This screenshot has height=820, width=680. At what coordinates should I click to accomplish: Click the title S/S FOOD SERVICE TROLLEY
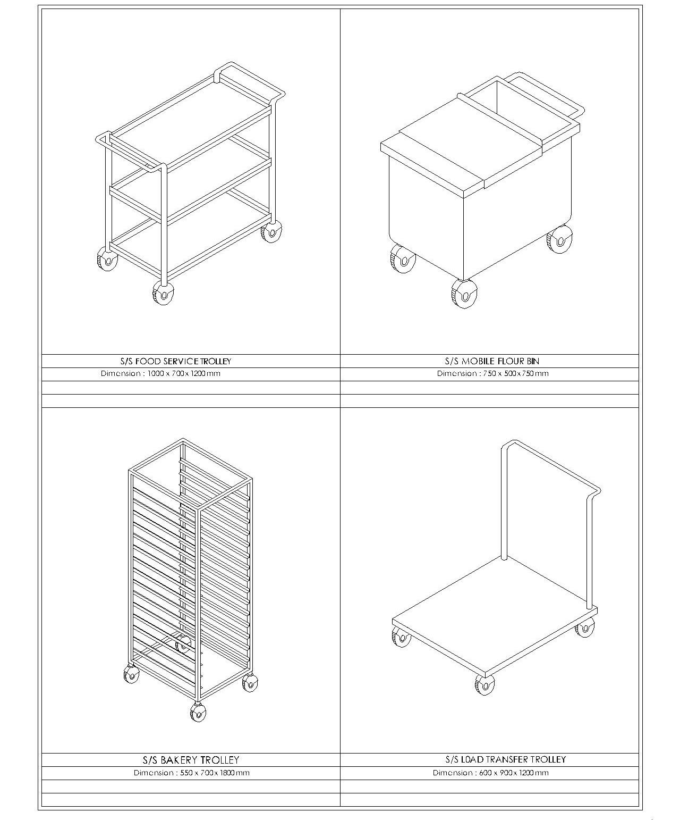pos(176,361)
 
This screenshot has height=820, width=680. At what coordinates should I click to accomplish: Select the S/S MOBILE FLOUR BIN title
pos(492,361)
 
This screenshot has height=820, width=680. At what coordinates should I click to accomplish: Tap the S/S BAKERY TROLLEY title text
pos(191,760)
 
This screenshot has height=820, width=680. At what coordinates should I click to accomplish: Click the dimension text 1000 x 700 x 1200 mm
pos(184,373)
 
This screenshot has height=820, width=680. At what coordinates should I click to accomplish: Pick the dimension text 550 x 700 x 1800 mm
pos(215,773)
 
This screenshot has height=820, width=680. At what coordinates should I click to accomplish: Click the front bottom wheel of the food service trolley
pos(163,292)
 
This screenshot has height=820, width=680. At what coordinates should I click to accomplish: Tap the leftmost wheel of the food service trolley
pos(107,259)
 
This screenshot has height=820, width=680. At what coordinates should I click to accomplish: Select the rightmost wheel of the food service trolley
pos(271,231)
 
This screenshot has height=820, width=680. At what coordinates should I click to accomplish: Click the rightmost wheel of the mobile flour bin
pos(559,239)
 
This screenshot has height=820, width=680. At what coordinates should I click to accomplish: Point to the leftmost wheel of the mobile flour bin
pos(403,259)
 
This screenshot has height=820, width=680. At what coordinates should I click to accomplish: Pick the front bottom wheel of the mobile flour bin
pos(465,294)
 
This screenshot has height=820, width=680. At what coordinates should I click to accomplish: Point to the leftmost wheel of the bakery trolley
pos(131,674)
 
